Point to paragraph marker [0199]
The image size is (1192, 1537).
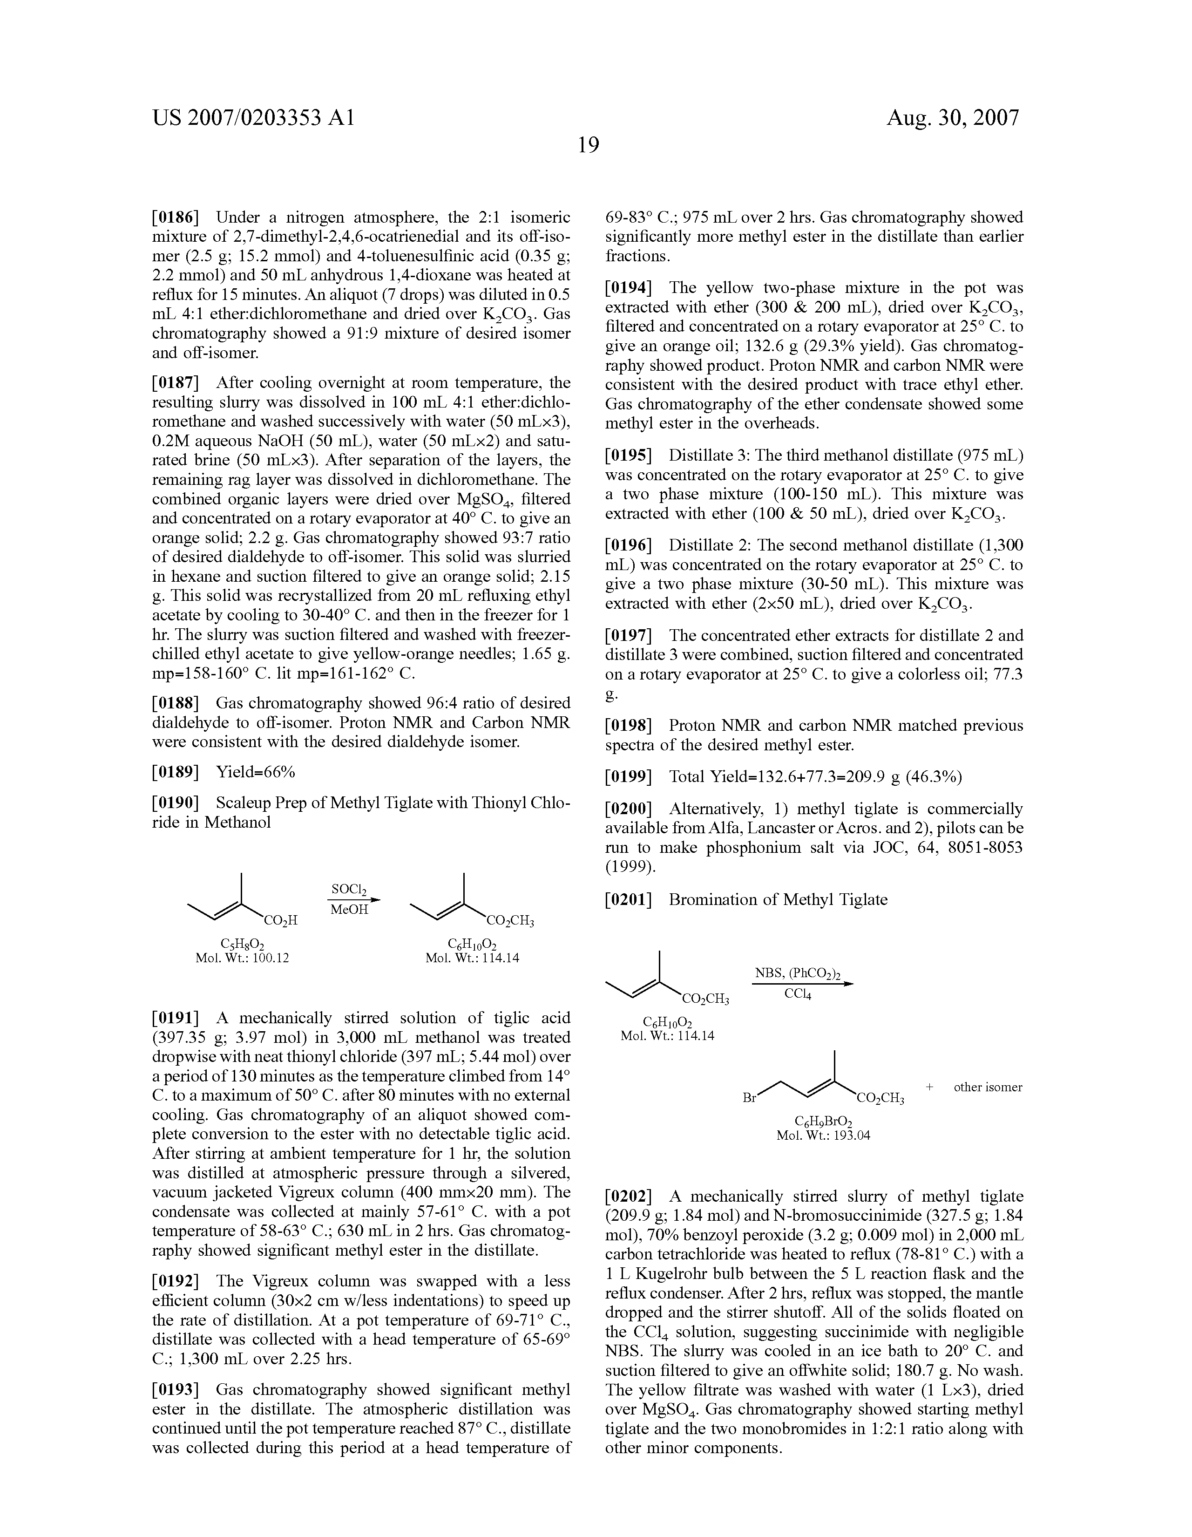(x=629, y=776)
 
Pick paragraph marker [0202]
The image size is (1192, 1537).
(x=629, y=1197)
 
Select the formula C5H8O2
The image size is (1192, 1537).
(x=243, y=944)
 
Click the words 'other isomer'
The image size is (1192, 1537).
(x=987, y=1087)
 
